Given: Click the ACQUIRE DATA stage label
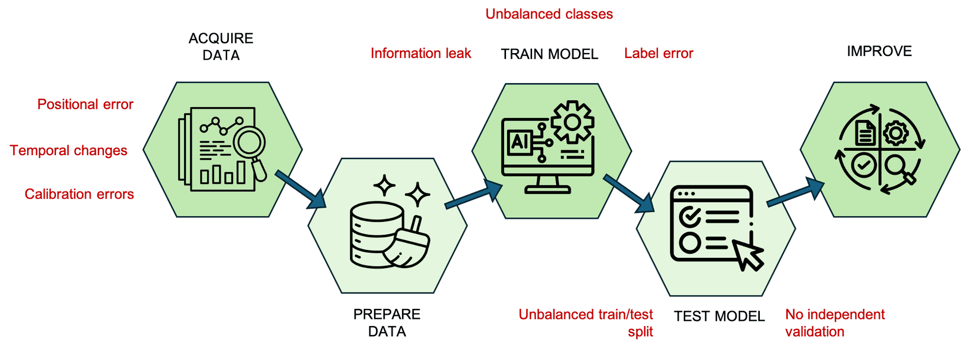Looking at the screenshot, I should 221,47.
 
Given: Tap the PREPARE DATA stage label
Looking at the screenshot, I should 387,323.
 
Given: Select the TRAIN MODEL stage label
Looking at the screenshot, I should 550,54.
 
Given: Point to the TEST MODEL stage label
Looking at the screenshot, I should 719,316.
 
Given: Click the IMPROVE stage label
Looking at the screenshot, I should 879,51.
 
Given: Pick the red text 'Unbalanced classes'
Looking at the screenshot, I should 549,14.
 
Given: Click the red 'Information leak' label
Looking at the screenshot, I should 420,54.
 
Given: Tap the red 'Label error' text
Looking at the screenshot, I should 659,54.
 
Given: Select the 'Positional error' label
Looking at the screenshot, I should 85,104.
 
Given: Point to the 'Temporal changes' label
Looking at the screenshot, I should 69,150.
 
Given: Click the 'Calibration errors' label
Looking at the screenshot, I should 80,194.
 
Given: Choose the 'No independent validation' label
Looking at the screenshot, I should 835,323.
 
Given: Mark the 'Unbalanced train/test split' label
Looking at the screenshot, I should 586,323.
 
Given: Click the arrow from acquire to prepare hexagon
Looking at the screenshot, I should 300,189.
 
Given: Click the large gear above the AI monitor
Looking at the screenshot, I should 572,122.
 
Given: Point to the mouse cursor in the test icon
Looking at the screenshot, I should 748,253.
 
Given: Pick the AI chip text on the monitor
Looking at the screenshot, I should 519,142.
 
